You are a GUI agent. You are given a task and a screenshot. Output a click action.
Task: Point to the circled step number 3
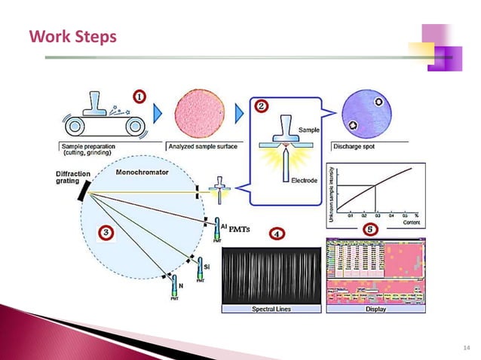coord(106,233)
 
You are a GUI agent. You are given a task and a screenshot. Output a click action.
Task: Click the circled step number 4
coord(277,234)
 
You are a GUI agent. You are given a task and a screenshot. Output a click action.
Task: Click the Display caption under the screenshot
coord(375,310)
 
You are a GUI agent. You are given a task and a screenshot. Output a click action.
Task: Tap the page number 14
coord(464,347)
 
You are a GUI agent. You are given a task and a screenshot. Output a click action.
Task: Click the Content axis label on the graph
coord(410,224)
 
